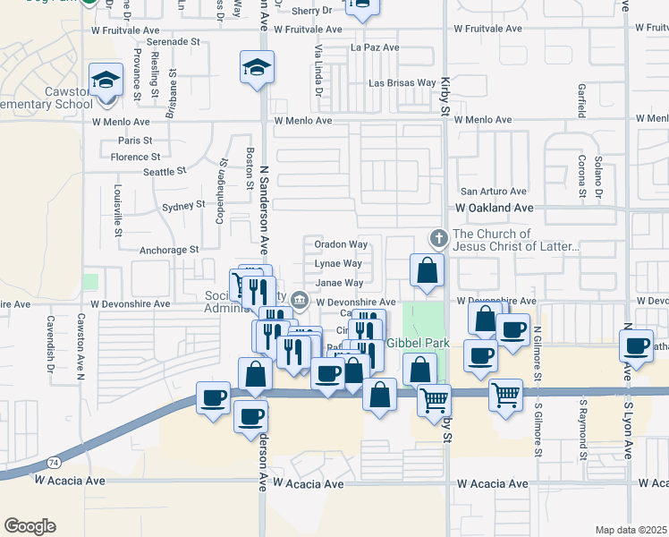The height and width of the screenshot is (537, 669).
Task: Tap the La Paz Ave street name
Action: pos(375,47)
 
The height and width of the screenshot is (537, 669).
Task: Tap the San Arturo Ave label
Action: pos(493,192)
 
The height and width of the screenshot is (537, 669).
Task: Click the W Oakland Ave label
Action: pos(494,208)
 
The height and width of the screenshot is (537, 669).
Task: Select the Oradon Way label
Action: pos(340,244)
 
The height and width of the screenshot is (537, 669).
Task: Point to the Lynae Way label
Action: pos(338,264)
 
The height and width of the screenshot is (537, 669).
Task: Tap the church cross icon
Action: pos(437,238)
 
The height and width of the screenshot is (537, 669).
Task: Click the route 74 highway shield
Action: pos(55,462)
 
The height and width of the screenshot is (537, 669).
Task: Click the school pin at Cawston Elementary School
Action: pos(106,80)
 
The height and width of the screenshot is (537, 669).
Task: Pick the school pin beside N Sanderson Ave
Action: pos(257,67)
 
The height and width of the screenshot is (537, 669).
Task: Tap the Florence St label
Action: pos(136,158)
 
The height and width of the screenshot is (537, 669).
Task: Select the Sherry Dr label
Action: pos(311,10)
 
